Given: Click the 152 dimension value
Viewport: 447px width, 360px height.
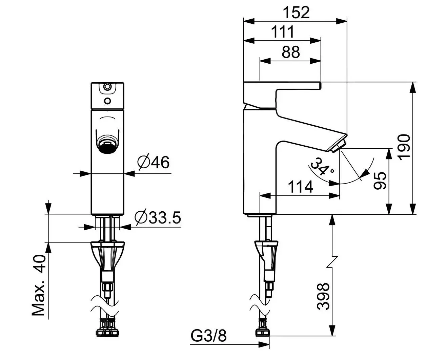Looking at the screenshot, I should pyautogui.click(x=297, y=13).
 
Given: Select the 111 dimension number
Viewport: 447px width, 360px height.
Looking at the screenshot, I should pyautogui.click(x=283, y=33).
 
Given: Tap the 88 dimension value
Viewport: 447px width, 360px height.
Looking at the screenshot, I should pyautogui.click(x=290, y=52).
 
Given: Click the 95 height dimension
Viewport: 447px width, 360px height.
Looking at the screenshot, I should pyautogui.click(x=380, y=181).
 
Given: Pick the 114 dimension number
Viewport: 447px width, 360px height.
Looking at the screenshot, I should pyautogui.click(x=300, y=187).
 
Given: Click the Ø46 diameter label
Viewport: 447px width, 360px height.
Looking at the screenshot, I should pyautogui.click(x=153, y=163).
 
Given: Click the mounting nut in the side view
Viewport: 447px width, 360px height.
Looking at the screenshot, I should pyautogui.click(x=267, y=251).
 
